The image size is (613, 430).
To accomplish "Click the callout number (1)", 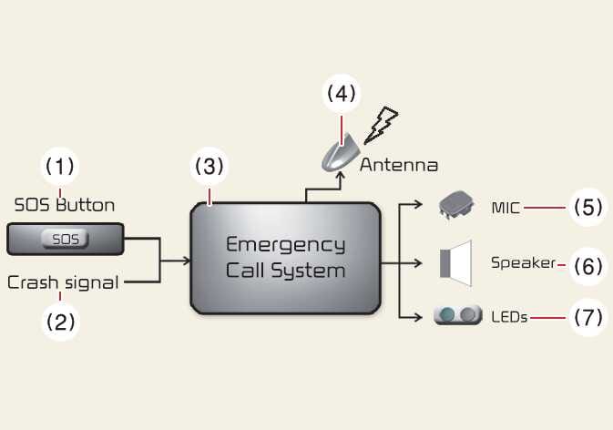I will click(60, 167).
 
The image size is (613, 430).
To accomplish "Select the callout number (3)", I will click(209, 167).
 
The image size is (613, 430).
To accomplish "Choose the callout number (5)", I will click(587, 208).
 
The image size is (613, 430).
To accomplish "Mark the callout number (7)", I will click(587, 318).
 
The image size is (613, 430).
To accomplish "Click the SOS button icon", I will click(65, 241).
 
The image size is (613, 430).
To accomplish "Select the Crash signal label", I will click(63, 282).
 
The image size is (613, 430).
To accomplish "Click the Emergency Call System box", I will click(284, 258).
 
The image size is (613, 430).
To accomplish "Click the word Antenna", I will click(399, 166).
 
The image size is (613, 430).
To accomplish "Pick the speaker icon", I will click(455, 263).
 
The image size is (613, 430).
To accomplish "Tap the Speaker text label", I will click(523, 263).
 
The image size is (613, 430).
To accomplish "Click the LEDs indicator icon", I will click(457, 316).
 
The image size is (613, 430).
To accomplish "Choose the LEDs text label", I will click(509, 318).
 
